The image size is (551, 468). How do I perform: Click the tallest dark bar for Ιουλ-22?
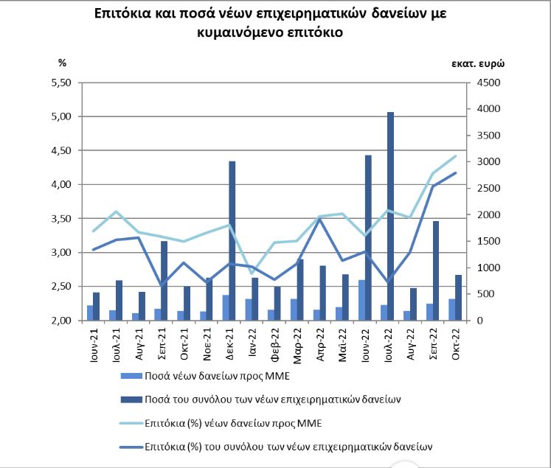(390, 216)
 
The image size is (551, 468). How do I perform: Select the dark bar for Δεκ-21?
(232, 240)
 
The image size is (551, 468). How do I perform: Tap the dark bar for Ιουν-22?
(368, 238)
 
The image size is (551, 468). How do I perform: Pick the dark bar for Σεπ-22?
(436, 270)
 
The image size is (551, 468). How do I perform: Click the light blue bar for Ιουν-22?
(361, 300)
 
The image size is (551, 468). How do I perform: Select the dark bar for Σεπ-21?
(164, 281)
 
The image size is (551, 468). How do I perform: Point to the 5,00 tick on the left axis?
(61, 116)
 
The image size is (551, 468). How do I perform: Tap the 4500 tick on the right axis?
(488, 83)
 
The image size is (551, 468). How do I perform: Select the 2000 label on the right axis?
(488, 214)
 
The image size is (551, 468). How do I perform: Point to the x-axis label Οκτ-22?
(457, 343)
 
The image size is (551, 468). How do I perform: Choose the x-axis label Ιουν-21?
(94, 345)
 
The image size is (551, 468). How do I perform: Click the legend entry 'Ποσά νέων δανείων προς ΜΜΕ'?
(205, 376)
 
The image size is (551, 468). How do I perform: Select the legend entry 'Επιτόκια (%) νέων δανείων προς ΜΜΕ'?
(221, 423)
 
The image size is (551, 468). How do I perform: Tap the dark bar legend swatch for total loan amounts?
(131, 399)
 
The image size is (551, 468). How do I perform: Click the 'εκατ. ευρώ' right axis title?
(478, 64)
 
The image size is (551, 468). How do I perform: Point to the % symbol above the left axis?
(62, 63)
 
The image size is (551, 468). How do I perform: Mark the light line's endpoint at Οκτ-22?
(456, 156)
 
